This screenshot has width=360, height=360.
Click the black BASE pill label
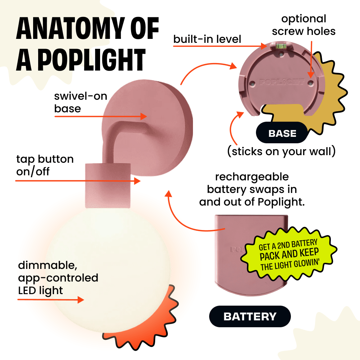coord(282,134)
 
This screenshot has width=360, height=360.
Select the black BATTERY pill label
coord(250,316)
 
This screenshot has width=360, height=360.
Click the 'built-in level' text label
coord(207,39)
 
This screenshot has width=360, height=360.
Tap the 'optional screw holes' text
coord(303,25)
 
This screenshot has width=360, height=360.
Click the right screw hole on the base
coord(310,82)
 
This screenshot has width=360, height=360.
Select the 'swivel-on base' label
coord(80,102)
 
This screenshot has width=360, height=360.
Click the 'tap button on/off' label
coord(45,165)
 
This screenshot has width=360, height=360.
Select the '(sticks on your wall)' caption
coord(282,151)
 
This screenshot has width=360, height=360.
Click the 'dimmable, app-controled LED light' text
coord(58,278)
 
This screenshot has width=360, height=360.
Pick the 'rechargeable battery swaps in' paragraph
coord(252,189)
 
